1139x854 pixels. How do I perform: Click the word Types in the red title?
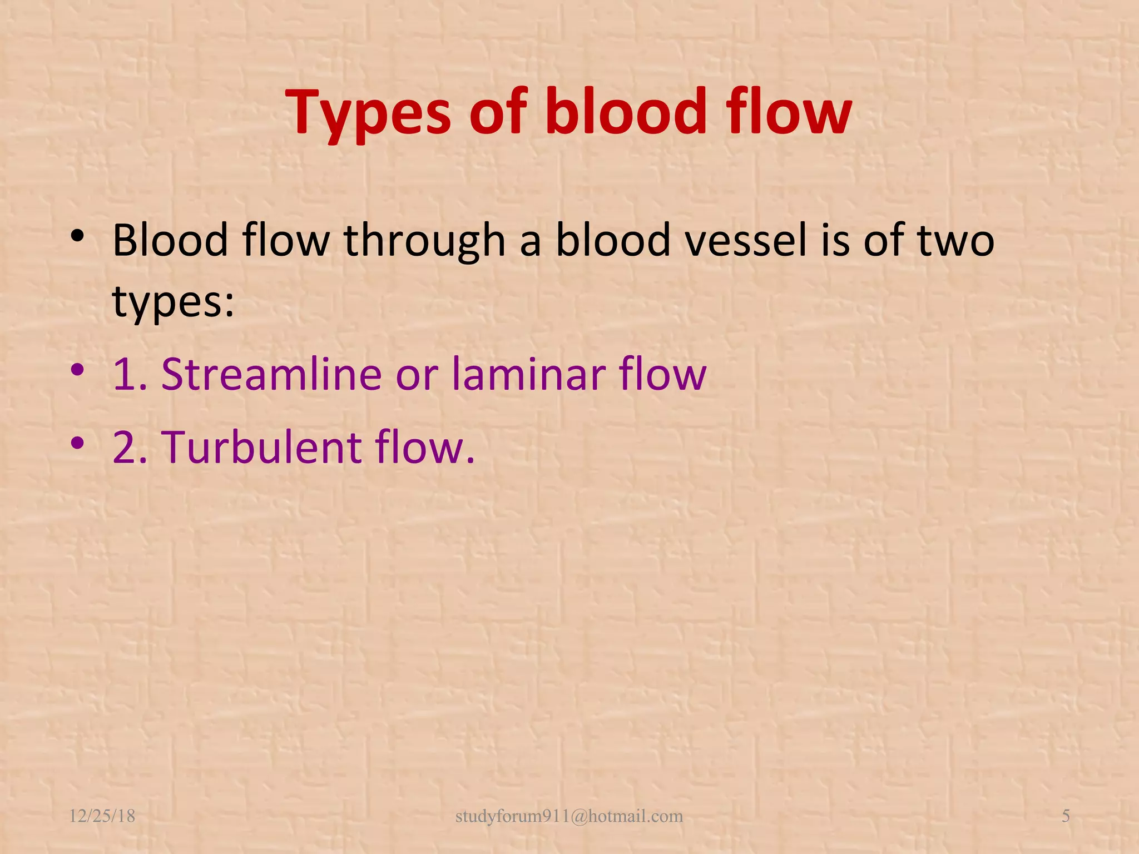pyautogui.click(x=368, y=114)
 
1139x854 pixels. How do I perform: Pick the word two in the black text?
pyautogui.click(x=955, y=240)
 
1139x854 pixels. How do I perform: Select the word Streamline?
pyautogui.click(x=271, y=374)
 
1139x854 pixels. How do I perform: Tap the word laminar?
pyautogui.click(x=528, y=374)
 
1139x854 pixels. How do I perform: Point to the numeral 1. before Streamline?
pyautogui.click(x=130, y=375)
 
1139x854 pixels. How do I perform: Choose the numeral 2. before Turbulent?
pyautogui.click(x=130, y=448)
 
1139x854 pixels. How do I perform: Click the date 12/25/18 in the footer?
pyautogui.click(x=102, y=816)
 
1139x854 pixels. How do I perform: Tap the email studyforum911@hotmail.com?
pyautogui.click(x=569, y=816)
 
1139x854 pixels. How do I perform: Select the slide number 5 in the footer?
pyautogui.click(x=1066, y=816)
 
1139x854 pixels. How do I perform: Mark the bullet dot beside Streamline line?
pyautogui.click(x=77, y=370)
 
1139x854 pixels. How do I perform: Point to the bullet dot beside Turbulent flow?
pyautogui.click(x=77, y=443)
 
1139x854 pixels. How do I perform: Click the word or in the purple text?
pyautogui.click(x=417, y=375)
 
